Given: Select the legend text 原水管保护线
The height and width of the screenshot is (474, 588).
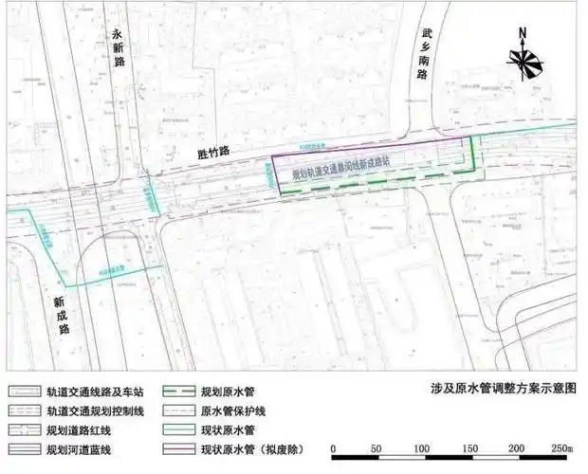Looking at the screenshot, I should click(232, 410).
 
